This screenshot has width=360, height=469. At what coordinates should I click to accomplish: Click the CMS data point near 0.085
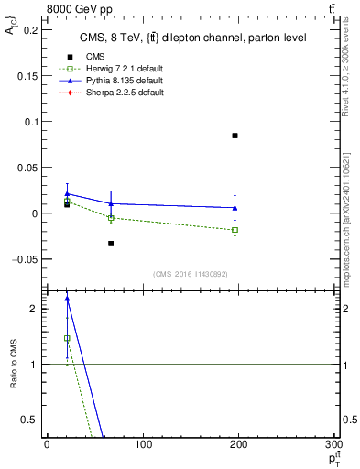235,136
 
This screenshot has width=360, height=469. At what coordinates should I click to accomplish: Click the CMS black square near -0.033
111,244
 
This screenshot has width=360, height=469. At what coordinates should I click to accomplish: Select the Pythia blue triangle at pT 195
235,208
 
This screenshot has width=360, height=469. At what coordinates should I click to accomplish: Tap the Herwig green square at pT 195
235,230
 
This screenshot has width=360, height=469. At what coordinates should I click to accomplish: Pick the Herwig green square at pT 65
111,218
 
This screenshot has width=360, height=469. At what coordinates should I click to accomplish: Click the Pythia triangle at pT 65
111,203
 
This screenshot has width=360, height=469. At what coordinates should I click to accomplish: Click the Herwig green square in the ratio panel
67,338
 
